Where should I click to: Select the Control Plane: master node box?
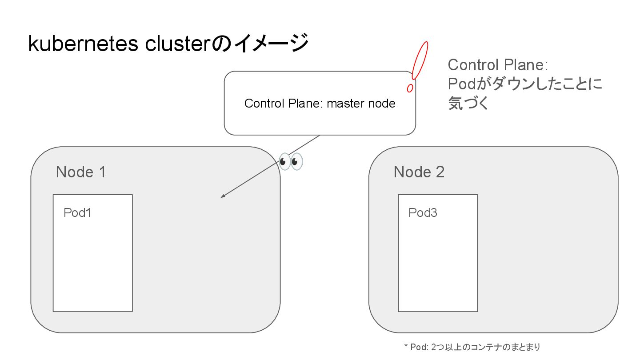320,120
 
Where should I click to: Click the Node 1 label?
81,172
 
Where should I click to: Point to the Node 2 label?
419,172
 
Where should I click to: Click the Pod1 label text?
77,213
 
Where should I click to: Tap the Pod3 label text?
423,213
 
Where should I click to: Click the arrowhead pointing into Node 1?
223,196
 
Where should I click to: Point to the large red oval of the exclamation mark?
420,60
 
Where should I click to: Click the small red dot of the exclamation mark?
410,88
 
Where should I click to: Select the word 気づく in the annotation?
468,104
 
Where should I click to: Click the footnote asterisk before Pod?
406,347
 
